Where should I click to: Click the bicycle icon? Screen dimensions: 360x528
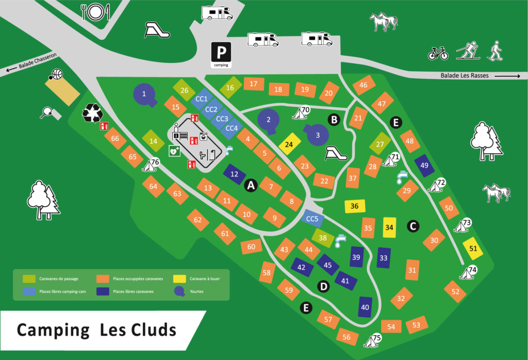(438, 53)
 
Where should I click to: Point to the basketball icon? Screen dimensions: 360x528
(55, 75)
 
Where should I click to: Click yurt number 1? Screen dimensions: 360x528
(144, 94)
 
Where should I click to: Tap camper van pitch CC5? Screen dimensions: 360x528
(312, 219)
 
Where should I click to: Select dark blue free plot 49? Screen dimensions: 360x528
(424, 165)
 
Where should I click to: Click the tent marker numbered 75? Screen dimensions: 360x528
(373, 340)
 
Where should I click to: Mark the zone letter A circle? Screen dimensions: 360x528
(251, 185)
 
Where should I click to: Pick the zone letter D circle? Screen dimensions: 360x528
(323, 286)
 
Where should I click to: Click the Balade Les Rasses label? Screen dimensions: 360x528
(464, 76)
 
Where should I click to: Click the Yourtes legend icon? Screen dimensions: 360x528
(179, 291)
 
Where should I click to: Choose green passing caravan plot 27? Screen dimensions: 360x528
(380, 144)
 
